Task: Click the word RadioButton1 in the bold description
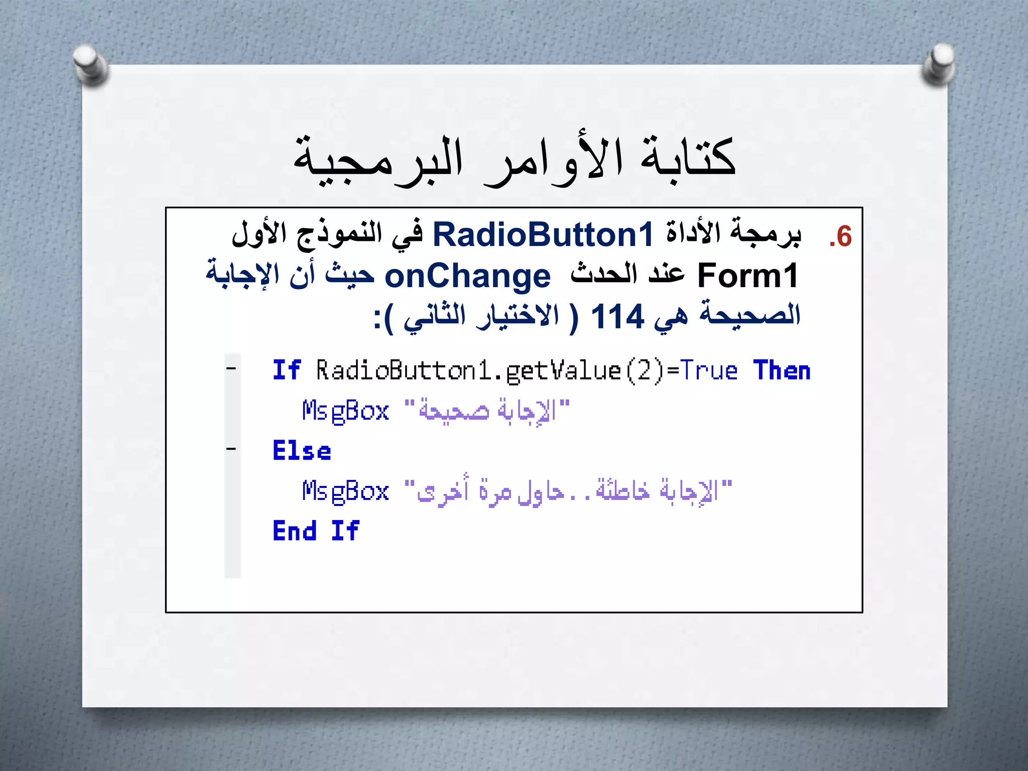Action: point(543,235)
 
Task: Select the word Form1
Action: point(747,276)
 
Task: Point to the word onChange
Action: point(467,277)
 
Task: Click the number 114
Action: point(617,317)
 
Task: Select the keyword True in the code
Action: point(709,371)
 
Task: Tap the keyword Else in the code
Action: point(302,450)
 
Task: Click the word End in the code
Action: point(295,531)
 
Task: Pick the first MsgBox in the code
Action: point(345,411)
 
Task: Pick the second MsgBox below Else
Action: point(345,491)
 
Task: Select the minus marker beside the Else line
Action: point(231,449)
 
